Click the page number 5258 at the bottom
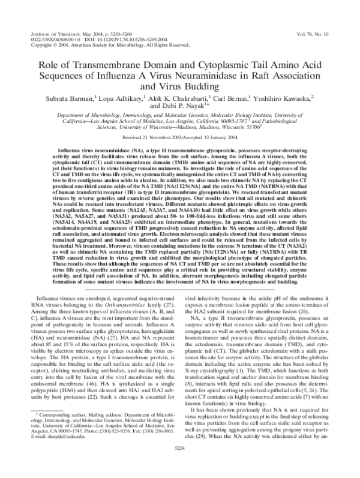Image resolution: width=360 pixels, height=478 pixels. tap(180, 464)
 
